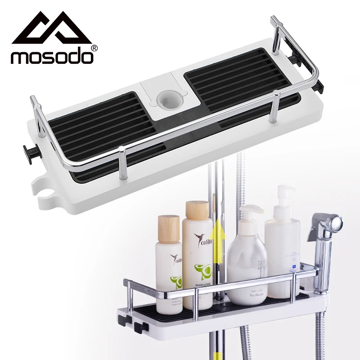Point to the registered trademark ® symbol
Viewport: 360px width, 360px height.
point(94,48)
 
